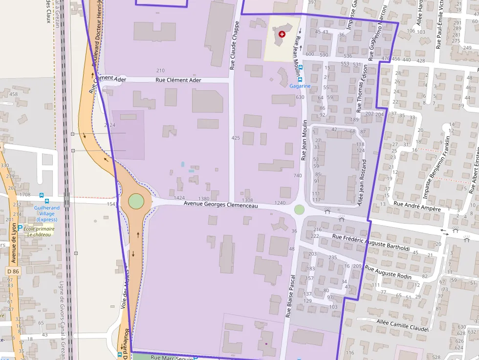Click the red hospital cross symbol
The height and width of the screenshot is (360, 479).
(x=282, y=34)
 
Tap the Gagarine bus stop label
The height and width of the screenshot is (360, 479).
(x=300, y=86)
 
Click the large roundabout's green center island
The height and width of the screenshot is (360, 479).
(x=136, y=201)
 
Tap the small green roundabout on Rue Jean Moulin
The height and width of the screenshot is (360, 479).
(x=299, y=210)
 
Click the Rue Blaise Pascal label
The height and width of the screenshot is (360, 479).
(x=290, y=294)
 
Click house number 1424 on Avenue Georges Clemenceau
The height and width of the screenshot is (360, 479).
(x=179, y=198)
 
